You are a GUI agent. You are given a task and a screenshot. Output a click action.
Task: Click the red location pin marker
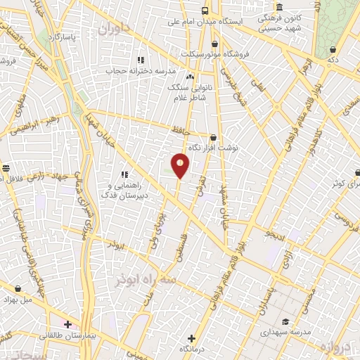tap(180, 165)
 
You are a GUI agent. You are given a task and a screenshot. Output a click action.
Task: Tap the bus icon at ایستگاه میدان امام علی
tap(205, 11)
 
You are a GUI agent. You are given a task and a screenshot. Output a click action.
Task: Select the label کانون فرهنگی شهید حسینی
tap(279, 23)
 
